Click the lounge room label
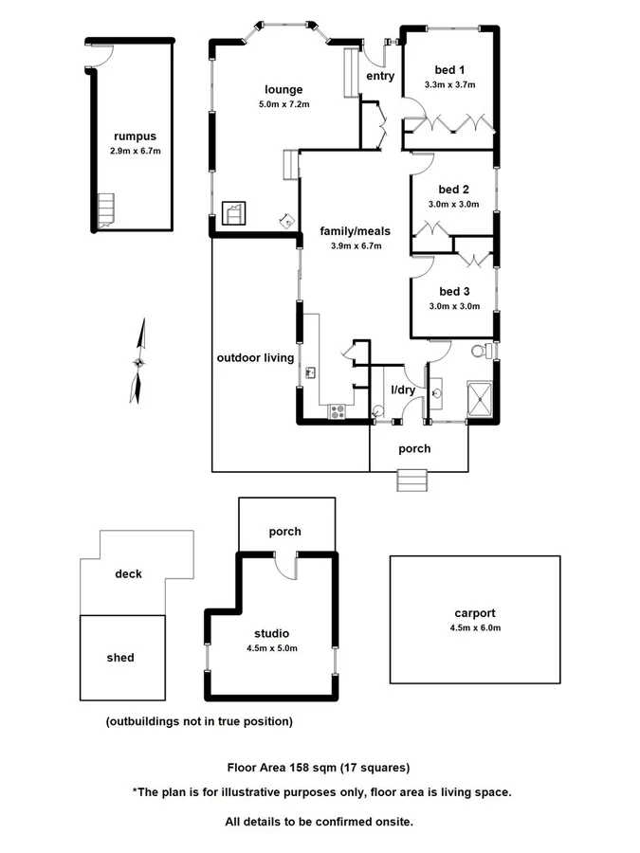(283, 90)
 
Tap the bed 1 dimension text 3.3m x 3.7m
(449, 85)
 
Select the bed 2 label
(454, 190)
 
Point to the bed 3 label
(454, 291)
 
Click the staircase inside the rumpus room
(104, 210)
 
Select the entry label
(379, 76)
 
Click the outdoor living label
(255, 357)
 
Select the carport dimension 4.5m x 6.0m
(475, 627)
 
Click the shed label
(120, 657)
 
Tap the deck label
(128, 573)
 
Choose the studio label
(271, 633)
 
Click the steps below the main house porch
(413, 481)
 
